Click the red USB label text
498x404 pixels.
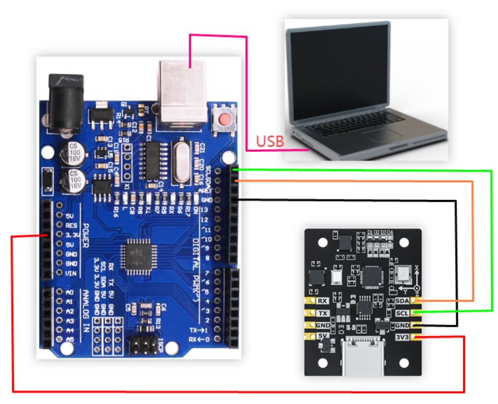tap(270, 141)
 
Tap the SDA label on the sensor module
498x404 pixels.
tap(402, 301)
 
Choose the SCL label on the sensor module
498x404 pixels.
tap(402, 313)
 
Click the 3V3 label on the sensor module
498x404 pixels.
tap(402, 337)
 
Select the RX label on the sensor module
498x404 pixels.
tap(323, 301)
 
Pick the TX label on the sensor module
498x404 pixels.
tap(323, 313)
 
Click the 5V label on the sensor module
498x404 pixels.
tap(323, 337)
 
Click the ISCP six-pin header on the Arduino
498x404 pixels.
tap(140, 345)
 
